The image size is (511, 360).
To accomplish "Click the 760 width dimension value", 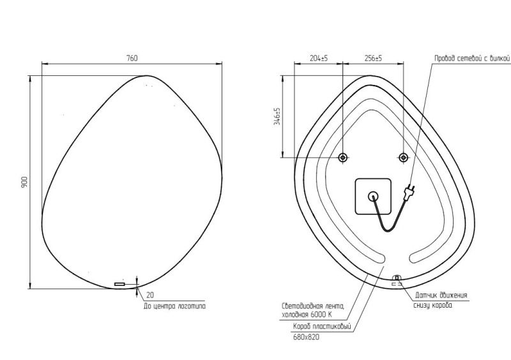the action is [132, 58].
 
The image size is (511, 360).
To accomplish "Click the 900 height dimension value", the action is [24, 182].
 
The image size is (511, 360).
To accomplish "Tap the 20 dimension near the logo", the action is [150, 295].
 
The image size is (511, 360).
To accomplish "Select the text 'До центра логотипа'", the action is [174, 306].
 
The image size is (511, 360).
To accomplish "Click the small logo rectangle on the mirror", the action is [119, 285].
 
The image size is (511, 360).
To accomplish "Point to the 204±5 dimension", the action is [319, 58].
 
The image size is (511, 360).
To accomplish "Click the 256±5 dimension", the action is [373, 58].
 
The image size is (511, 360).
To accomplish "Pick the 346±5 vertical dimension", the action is [277, 116].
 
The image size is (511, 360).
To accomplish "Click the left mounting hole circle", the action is [342, 158].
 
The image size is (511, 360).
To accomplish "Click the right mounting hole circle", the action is [404, 158].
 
